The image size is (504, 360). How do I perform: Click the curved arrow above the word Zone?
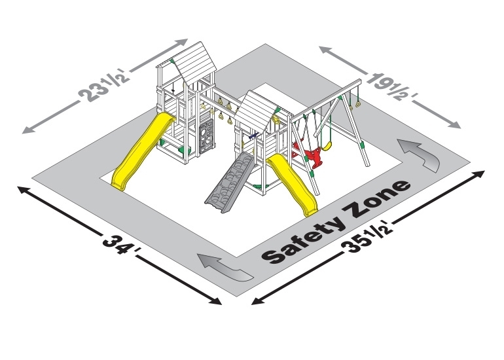tap(418, 153)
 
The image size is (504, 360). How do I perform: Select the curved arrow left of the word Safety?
tap(225, 266)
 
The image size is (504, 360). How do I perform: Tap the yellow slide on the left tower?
tap(141, 151)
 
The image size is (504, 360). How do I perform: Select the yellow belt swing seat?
tap(327, 146)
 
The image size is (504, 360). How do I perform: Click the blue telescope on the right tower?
tap(253, 136)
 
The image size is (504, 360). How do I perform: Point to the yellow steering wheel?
tap(276, 120)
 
